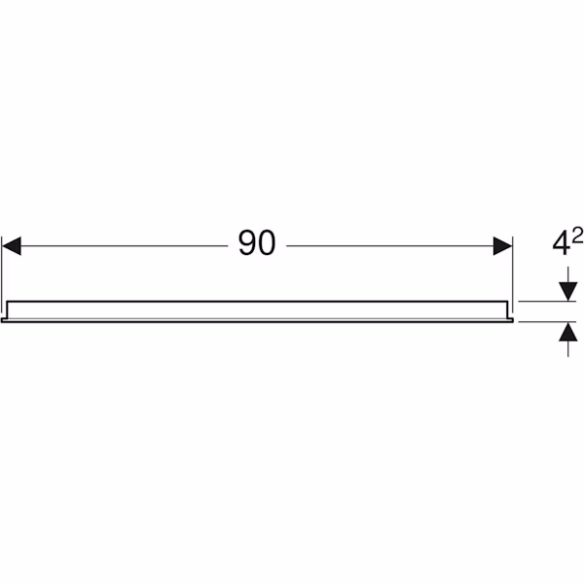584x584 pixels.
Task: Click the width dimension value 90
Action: (257, 242)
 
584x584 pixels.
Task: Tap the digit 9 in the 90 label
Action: (247, 242)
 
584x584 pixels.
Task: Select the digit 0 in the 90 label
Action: (267, 242)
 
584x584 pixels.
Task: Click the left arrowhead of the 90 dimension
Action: (12, 246)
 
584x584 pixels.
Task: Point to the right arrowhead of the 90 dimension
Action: (503, 246)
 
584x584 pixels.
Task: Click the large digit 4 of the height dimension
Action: (561, 243)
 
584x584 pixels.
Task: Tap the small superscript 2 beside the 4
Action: (577, 236)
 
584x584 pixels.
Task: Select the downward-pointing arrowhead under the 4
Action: (568, 292)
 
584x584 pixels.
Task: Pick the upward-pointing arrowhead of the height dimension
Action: (568, 332)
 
